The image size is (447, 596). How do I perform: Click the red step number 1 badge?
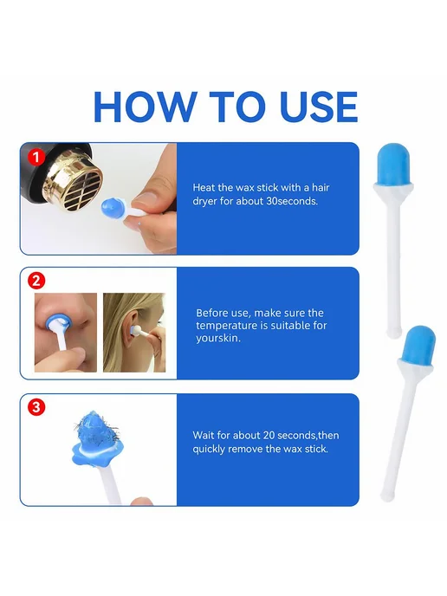click(36, 157)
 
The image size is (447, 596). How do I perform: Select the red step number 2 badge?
click(36, 282)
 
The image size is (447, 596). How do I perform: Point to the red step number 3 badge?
click(36, 407)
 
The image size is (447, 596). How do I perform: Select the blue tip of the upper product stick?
click(393, 165)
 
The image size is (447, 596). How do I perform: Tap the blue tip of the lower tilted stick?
click(418, 345)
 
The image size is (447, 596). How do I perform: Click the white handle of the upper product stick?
click(393, 262)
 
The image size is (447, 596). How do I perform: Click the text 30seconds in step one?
click(292, 201)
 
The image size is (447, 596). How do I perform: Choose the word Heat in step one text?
click(204, 187)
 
